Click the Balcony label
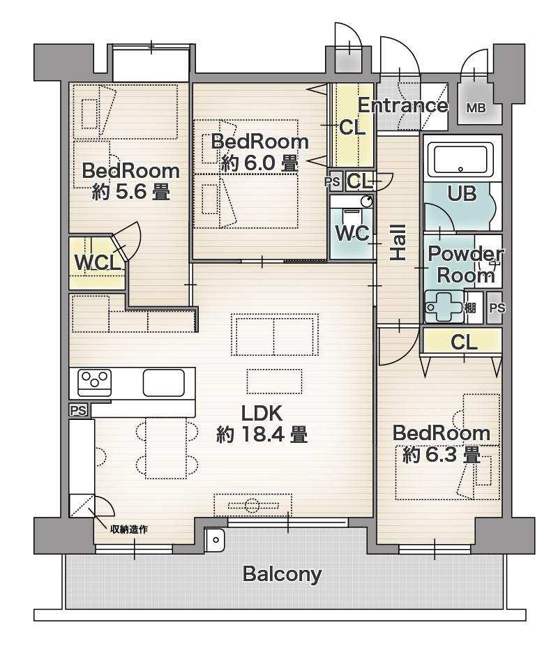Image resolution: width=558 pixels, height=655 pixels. coord(282,574)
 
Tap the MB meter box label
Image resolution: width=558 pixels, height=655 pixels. coord(476,108)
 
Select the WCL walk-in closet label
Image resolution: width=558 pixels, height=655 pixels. coord(98,263)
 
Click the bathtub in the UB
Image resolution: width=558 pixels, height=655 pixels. coord(462,159)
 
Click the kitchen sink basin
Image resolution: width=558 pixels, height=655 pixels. coord(164,383)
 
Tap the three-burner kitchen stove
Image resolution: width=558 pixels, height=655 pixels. coord(95,383)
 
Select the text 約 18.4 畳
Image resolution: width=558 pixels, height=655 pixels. coord(262,435)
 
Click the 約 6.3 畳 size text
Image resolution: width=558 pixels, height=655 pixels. coord(441,455)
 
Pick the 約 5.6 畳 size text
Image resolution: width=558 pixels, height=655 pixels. coord(130,192)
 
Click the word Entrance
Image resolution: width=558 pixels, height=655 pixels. coord(402,105)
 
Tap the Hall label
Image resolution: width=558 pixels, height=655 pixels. coord(398,243)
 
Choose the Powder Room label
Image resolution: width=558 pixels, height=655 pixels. coord(465,264)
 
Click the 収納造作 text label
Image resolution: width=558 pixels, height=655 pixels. coord(128,529)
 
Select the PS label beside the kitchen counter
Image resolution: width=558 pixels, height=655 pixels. coord(79,411)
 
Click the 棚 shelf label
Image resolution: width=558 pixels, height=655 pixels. coord(470,308)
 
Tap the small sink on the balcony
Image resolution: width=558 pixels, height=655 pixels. coord(215,540)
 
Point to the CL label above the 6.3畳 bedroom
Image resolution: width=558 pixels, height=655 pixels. coord(464,342)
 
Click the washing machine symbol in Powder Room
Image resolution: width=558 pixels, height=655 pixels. coord(444,307)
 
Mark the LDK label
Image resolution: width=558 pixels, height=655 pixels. coord(262,413)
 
